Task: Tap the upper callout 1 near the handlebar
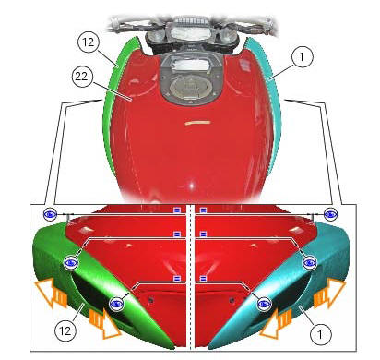301,55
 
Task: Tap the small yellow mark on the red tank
196,121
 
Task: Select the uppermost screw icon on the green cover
51,214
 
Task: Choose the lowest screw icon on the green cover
117,303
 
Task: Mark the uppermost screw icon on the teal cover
329,214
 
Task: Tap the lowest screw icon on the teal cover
264,303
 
